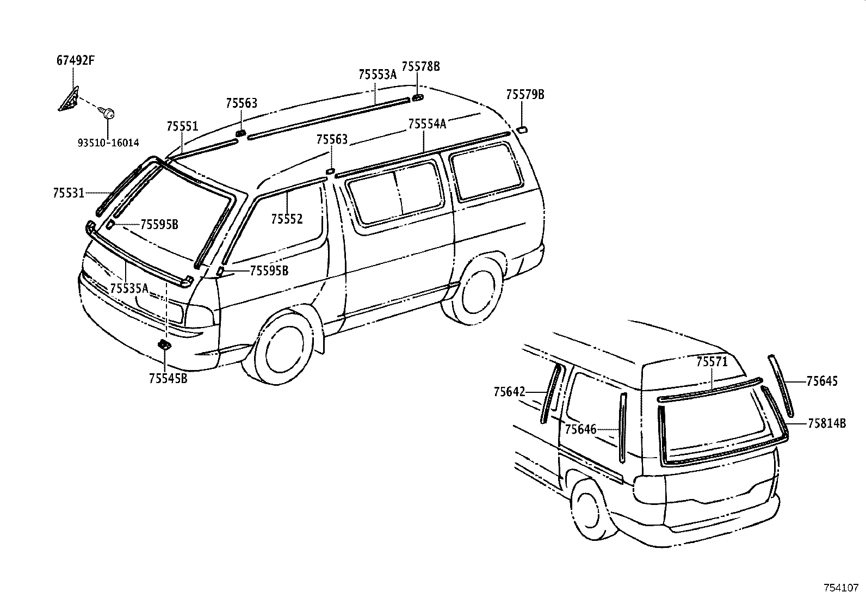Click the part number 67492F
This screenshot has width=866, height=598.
(x=76, y=61)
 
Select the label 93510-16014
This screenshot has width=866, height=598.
(x=108, y=143)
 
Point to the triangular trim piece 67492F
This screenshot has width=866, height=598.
(x=69, y=98)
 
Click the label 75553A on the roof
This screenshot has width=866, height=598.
(x=378, y=74)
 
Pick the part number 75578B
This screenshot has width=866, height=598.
(x=420, y=66)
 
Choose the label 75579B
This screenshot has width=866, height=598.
(x=525, y=94)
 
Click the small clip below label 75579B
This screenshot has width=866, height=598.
(x=522, y=129)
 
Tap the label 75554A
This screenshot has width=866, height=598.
(x=427, y=124)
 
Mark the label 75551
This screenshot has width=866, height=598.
(x=182, y=126)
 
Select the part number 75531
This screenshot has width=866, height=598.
(x=69, y=193)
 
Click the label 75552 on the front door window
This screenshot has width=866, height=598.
(x=287, y=219)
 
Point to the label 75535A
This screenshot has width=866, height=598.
(x=129, y=288)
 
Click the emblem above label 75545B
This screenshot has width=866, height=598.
(x=164, y=344)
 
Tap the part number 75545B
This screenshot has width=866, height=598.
(x=168, y=378)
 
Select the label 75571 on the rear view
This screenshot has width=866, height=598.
(x=712, y=362)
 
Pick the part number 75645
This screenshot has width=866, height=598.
(x=822, y=381)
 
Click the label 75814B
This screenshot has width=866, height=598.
(x=827, y=423)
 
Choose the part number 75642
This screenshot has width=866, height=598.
(x=510, y=392)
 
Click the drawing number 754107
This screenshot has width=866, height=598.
(x=842, y=588)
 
